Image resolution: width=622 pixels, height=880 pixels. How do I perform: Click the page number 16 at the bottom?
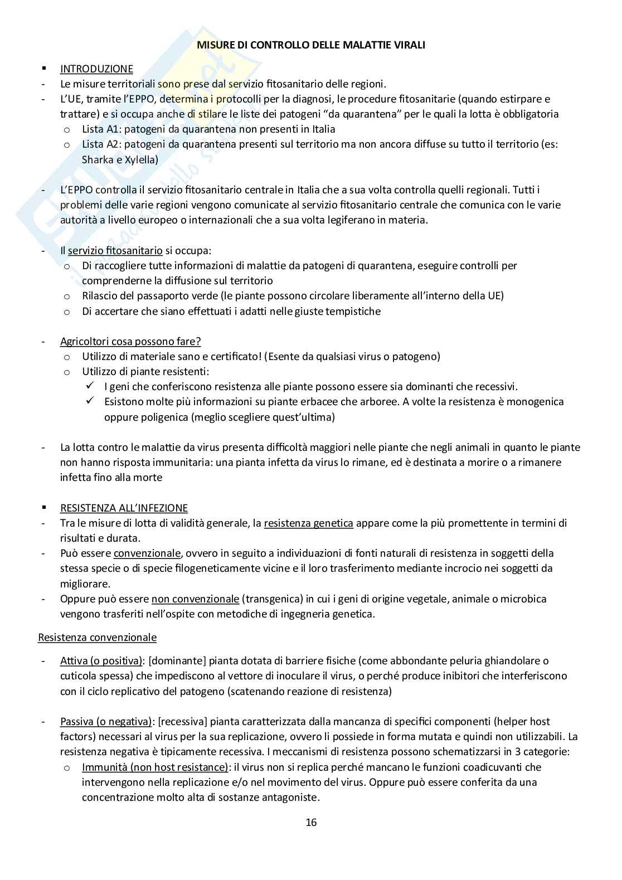tap(311, 822)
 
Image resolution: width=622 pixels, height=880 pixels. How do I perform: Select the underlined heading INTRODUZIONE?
tap(96, 69)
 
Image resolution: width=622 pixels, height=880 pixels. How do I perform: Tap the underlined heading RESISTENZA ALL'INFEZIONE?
tap(124, 508)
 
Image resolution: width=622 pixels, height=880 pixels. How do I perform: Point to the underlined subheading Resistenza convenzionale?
tap(97, 637)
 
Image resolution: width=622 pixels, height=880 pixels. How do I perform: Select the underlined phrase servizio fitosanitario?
tap(115, 251)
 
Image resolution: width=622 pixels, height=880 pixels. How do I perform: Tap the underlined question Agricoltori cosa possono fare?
tap(130, 341)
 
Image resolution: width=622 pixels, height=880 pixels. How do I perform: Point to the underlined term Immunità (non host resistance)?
tap(155, 767)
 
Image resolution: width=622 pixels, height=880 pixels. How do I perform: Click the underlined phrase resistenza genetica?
tap(308, 523)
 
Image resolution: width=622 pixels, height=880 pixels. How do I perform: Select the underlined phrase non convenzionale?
tap(195, 599)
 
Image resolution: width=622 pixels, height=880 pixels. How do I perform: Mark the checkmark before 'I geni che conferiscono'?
tap(89, 386)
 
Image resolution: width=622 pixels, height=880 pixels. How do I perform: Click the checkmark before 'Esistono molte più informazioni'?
tap(89, 401)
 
